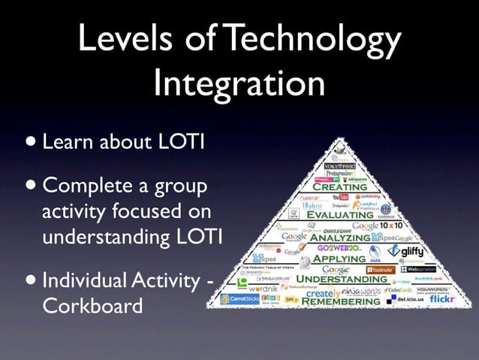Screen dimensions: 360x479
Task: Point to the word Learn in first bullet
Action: coord(66,141)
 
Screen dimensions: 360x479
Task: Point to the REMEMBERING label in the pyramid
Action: coord(341,301)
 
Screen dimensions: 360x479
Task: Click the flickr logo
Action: coord(442,300)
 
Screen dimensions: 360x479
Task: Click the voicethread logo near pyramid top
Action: coord(339,165)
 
